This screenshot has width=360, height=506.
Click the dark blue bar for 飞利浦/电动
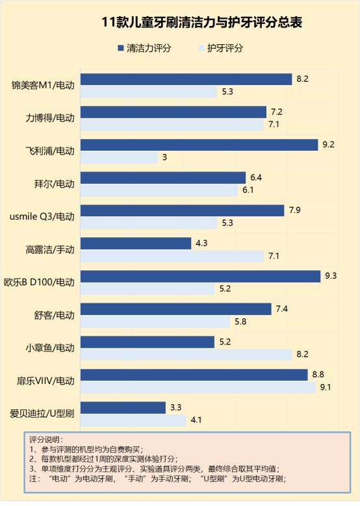[198, 145]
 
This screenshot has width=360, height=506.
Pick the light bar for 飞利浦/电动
[118, 157]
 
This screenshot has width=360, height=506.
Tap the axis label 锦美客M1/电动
[43, 85]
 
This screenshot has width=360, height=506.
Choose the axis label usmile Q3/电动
[42, 216]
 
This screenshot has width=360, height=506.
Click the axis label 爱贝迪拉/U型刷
[42, 413]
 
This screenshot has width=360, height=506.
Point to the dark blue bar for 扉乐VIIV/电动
[193, 375]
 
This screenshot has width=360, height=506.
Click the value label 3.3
[175, 408]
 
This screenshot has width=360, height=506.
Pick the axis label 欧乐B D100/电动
[40, 283]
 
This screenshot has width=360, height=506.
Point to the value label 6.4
[256, 177]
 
